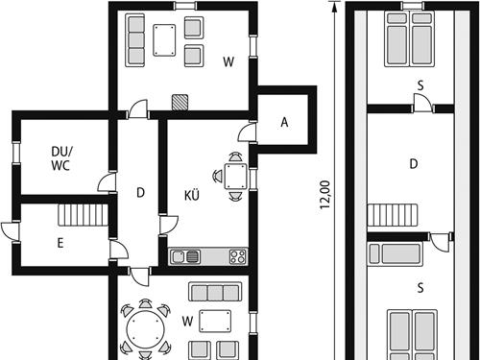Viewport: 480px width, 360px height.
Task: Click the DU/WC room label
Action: click(x=61, y=158)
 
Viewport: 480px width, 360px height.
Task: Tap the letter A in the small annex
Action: click(x=284, y=122)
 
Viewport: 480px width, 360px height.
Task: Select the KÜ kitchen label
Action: click(x=192, y=195)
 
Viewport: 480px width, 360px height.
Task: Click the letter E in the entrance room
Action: click(x=60, y=243)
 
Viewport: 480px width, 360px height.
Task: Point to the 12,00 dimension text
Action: click(x=324, y=195)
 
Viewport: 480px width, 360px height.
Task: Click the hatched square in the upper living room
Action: click(x=180, y=103)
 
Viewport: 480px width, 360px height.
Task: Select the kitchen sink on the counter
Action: click(x=185, y=256)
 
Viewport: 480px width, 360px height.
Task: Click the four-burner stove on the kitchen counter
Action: click(x=238, y=256)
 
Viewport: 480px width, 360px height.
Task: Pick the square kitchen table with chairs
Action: click(x=235, y=176)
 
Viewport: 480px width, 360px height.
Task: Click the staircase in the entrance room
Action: click(x=84, y=215)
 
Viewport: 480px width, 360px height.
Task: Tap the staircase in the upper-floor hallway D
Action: click(x=393, y=215)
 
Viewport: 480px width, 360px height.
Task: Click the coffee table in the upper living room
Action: click(x=164, y=40)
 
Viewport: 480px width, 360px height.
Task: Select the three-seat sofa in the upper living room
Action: click(x=135, y=40)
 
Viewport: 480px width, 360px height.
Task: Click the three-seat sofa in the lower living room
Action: click(x=215, y=292)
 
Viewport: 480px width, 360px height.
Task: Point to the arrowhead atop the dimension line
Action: click(x=334, y=7)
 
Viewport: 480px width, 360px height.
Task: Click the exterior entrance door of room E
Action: click(x=11, y=231)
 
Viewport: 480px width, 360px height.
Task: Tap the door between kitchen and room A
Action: click(x=248, y=132)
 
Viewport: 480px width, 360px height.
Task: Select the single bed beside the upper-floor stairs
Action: click(x=396, y=253)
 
